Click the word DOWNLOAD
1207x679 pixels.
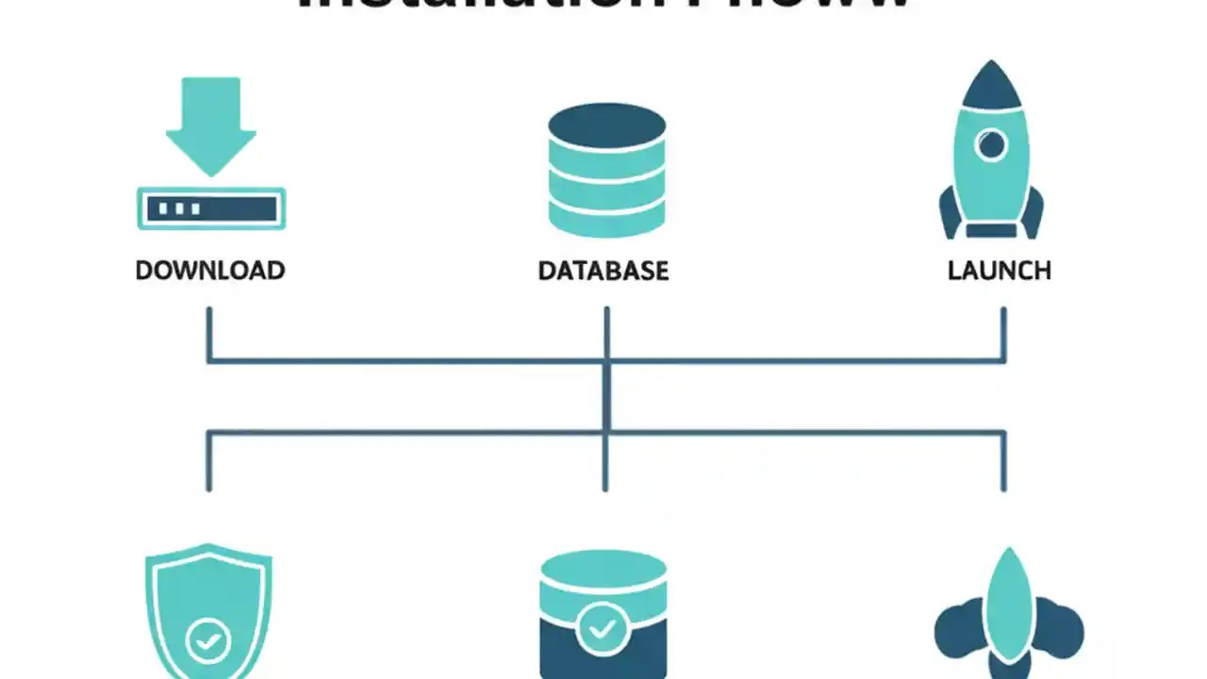click(x=209, y=271)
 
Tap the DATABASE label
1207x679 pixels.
click(x=603, y=271)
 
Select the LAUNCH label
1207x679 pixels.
click(x=999, y=271)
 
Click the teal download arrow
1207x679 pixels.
click(x=211, y=123)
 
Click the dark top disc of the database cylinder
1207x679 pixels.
click(x=607, y=125)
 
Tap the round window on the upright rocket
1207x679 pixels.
click(x=991, y=146)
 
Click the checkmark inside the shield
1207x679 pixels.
click(x=208, y=641)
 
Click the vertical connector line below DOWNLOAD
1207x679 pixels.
click(x=209, y=332)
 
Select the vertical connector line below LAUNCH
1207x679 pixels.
click(x=1003, y=332)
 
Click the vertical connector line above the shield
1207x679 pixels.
click(x=209, y=462)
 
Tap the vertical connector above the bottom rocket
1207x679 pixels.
click(x=1003, y=462)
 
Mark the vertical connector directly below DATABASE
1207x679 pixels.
click(x=606, y=332)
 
